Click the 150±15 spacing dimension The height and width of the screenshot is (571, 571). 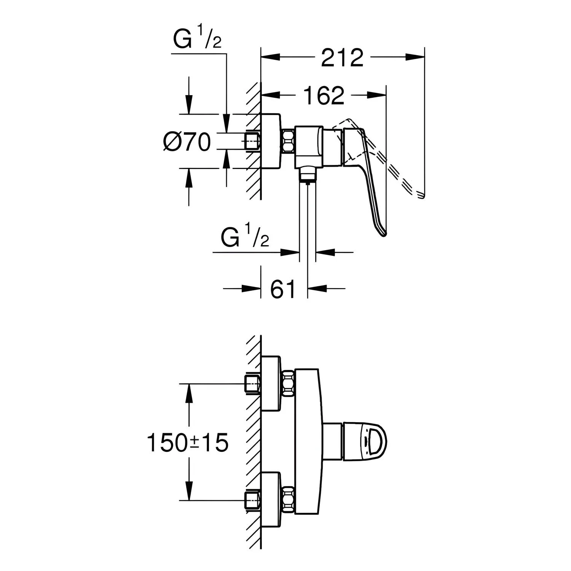pyautogui.click(x=187, y=443)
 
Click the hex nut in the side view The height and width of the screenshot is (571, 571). pyautogui.click(x=288, y=141)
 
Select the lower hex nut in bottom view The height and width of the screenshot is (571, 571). pyautogui.click(x=288, y=499)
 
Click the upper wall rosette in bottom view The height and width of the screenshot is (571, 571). pyautogui.click(x=271, y=383)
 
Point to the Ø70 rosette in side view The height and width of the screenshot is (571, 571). pyautogui.click(x=271, y=141)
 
